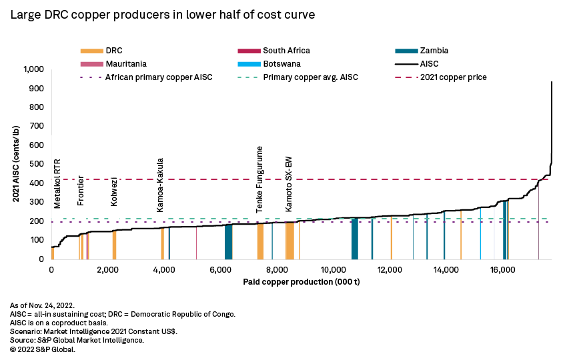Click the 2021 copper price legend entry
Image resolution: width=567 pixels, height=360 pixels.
pos(453,77)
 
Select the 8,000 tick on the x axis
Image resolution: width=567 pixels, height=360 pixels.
pos(277,270)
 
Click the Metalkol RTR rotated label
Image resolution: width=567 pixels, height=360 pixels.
pos(57,183)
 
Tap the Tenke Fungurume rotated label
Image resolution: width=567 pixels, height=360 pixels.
pos(260,179)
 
